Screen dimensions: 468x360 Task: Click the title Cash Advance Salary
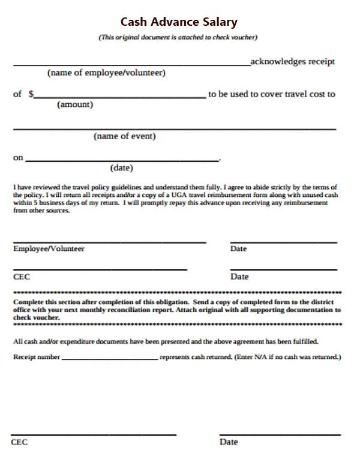179,22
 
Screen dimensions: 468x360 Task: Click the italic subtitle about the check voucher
178,37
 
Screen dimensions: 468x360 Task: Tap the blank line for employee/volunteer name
131,64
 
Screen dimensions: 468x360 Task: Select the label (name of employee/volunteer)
106,73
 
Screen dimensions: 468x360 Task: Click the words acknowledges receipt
293,62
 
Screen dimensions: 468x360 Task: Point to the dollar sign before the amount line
31,94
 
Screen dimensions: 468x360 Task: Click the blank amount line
120,97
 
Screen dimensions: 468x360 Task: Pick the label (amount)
75,104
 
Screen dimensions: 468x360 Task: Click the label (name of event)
125,136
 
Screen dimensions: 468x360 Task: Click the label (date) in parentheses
122,168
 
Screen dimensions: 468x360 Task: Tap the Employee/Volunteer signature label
49,248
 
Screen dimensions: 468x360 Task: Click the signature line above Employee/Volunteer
109,242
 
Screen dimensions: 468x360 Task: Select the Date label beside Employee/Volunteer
238,248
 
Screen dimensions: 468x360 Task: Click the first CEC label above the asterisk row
22,277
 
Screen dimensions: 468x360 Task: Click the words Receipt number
37,357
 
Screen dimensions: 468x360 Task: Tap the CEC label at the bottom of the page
19,442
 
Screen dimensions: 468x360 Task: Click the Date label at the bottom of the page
229,442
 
